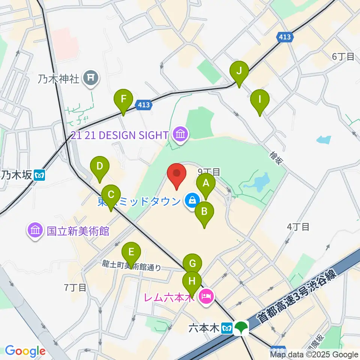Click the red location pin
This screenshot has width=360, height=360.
(x=177, y=175)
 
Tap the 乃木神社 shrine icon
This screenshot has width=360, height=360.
(x=91, y=78)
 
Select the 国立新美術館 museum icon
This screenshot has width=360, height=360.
(x=35, y=230)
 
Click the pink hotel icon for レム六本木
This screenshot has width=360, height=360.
(x=206, y=297)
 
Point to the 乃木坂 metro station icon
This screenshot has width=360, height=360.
(x=39, y=175)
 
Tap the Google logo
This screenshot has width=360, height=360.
(x=25, y=351)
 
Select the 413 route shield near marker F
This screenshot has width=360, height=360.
(x=144, y=105)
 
